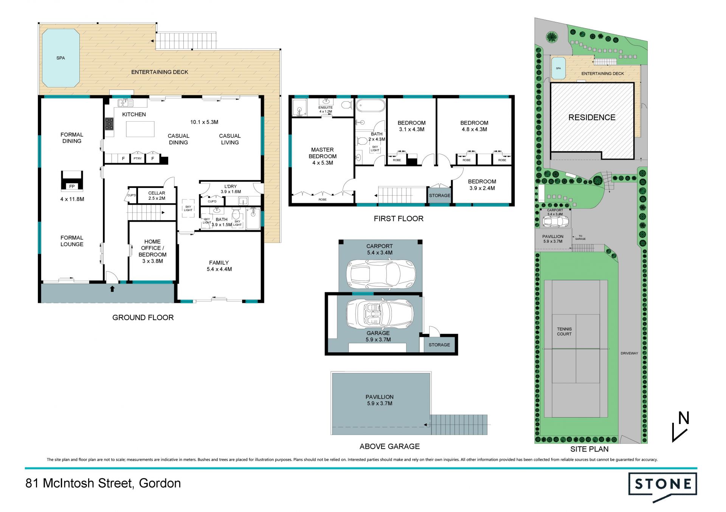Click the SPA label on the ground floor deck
pyautogui.click(x=60, y=58)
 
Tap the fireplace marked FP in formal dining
pyautogui.click(x=72, y=181)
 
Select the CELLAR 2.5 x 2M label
pyautogui.click(x=157, y=196)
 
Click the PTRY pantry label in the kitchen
pyautogui.click(x=138, y=159)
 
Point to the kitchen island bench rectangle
pyautogui.click(x=140, y=129)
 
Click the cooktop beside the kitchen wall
pyautogui.click(x=109, y=123)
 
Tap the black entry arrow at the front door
pyautogui.click(x=112, y=289)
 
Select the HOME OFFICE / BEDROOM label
pyautogui.click(x=152, y=251)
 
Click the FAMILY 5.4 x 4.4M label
pyautogui.click(x=219, y=266)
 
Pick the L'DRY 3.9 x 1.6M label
pyautogui.click(x=231, y=189)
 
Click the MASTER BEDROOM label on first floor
pyautogui.click(x=323, y=156)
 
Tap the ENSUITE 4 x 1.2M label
pyautogui.click(x=326, y=109)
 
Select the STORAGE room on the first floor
pyautogui.click(x=439, y=196)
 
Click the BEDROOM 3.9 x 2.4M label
pyautogui.click(x=482, y=185)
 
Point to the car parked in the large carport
pyautogui.click(x=381, y=275)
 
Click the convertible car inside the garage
pyautogui.click(x=380, y=314)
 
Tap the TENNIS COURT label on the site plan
pyautogui.click(x=564, y=332)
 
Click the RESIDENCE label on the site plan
pyautogui.click(x=592, y=117)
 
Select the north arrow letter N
pyautogui.click(x=684, y=418)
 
